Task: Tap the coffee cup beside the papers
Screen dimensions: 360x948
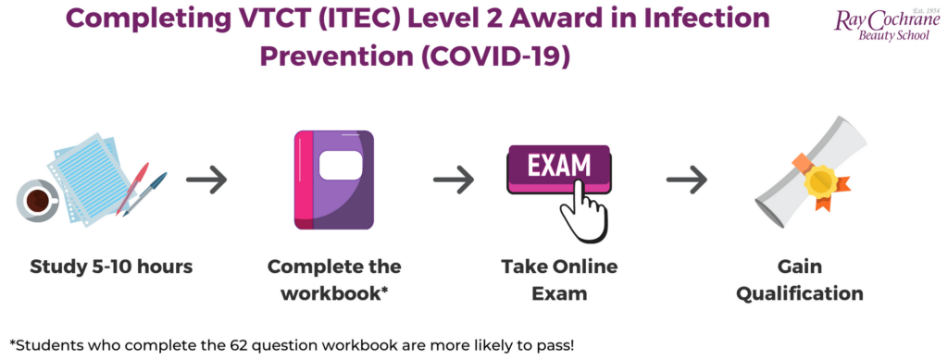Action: point(38,198)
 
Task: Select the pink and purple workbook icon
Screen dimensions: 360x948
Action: point(333,180)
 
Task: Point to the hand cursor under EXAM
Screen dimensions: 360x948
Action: point(584,208)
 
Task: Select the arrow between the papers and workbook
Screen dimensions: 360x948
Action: point(206,181)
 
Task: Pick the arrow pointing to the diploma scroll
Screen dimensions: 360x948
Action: point(687,181)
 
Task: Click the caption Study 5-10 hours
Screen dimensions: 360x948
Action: point(111,267)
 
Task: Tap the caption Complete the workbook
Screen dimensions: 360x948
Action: point(334,280)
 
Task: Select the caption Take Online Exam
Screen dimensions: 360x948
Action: point(558,280)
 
